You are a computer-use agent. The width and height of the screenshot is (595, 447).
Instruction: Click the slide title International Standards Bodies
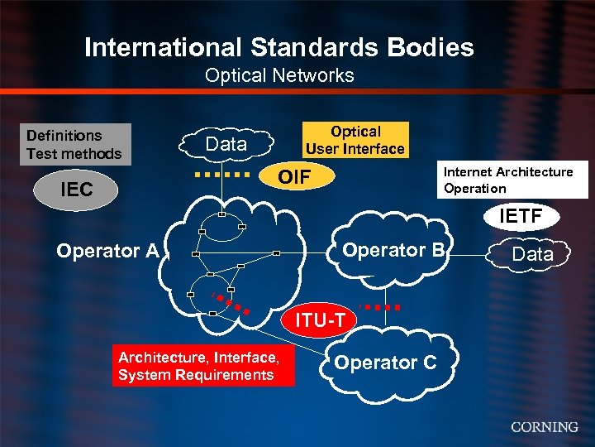point(279,47)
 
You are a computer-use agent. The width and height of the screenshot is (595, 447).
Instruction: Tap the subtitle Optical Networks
point(279,75)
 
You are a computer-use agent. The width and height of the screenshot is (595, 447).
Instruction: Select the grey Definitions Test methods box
point(74,144)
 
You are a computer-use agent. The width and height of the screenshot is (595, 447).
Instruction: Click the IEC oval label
point(77,190)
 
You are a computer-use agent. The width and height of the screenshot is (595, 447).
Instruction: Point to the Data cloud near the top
point(226,144)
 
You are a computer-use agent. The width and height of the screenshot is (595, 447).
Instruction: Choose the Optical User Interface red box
point(355,140)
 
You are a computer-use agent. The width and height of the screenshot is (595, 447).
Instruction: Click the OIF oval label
point(294,177)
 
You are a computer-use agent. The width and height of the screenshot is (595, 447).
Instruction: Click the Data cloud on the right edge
point(532,254)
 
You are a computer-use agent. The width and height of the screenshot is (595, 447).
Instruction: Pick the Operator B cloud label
point(393,250)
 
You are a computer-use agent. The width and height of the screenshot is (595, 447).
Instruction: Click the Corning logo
point(544,427)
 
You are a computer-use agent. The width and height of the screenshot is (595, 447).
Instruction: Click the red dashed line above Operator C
point(383,307)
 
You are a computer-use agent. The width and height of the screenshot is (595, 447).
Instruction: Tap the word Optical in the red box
point(355,132)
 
